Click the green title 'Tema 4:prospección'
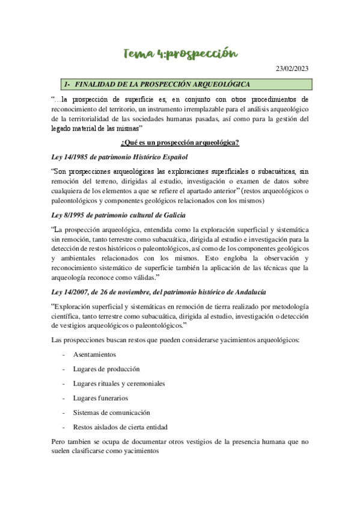(180, 55)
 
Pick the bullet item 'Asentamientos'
(94, 354)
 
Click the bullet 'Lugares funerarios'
(100, 398)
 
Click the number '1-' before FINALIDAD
(68, 84)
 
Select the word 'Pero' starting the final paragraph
(59, 442)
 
